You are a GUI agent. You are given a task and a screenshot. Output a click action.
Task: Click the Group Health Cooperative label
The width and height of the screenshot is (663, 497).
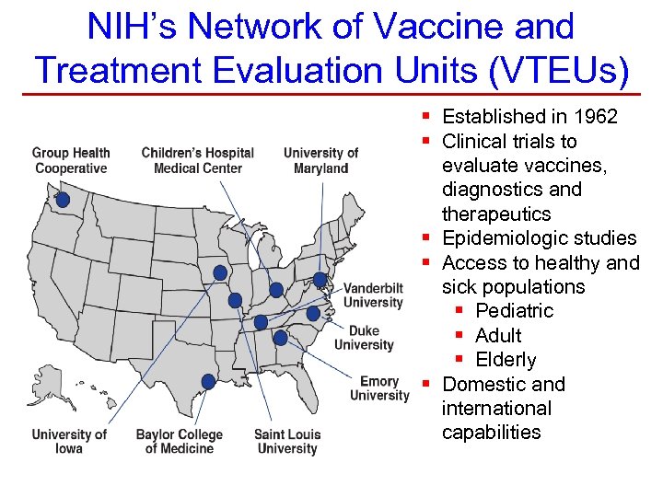point(71,160)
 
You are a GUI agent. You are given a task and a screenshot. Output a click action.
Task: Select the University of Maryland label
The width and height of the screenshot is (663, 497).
point(320,160)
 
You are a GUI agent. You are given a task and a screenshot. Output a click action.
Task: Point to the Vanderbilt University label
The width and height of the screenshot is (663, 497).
point(373,295)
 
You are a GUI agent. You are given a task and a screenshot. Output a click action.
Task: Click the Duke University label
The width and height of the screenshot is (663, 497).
point(364,338)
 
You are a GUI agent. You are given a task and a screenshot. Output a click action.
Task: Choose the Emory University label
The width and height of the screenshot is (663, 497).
point(379,388)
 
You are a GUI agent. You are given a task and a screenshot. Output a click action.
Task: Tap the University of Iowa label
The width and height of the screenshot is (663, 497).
point(69,441)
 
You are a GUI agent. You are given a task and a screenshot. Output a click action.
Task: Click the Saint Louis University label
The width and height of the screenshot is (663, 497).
point(286,441)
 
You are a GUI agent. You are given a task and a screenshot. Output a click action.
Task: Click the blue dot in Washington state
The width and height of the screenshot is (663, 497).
point(63,200)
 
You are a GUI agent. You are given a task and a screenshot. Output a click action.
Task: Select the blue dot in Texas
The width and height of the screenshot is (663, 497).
point(208,381)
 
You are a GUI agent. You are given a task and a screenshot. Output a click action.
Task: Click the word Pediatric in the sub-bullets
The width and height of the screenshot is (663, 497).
point(514,311)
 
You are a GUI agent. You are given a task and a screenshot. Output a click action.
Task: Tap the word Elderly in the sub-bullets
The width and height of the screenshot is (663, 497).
point(506,360)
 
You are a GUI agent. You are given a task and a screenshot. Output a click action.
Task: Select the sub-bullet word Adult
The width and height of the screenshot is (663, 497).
point(498,336)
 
